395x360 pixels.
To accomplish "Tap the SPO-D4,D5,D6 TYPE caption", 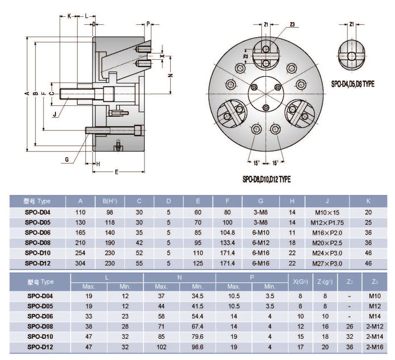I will coord(352,85).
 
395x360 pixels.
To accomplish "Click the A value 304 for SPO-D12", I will coord(80,263).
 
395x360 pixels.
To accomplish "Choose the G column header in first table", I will coord(260,201).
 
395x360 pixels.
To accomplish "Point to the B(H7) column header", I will coord(109,201).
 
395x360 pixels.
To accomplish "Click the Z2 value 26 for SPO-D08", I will coord(349,326).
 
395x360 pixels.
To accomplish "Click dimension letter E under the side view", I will coord(116,172).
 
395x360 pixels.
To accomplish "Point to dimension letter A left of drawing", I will coord(26,94).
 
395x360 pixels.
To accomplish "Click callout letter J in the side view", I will coord(54,115).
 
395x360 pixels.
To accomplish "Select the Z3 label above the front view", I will coord(292,25).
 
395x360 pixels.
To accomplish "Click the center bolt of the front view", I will coord(266,108).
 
